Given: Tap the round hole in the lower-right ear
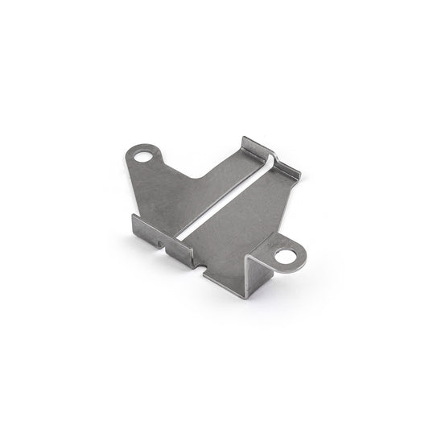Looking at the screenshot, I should point(284,257).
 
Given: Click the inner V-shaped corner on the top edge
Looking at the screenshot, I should point(200,178).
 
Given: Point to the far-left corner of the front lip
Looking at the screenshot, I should point(132,218).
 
